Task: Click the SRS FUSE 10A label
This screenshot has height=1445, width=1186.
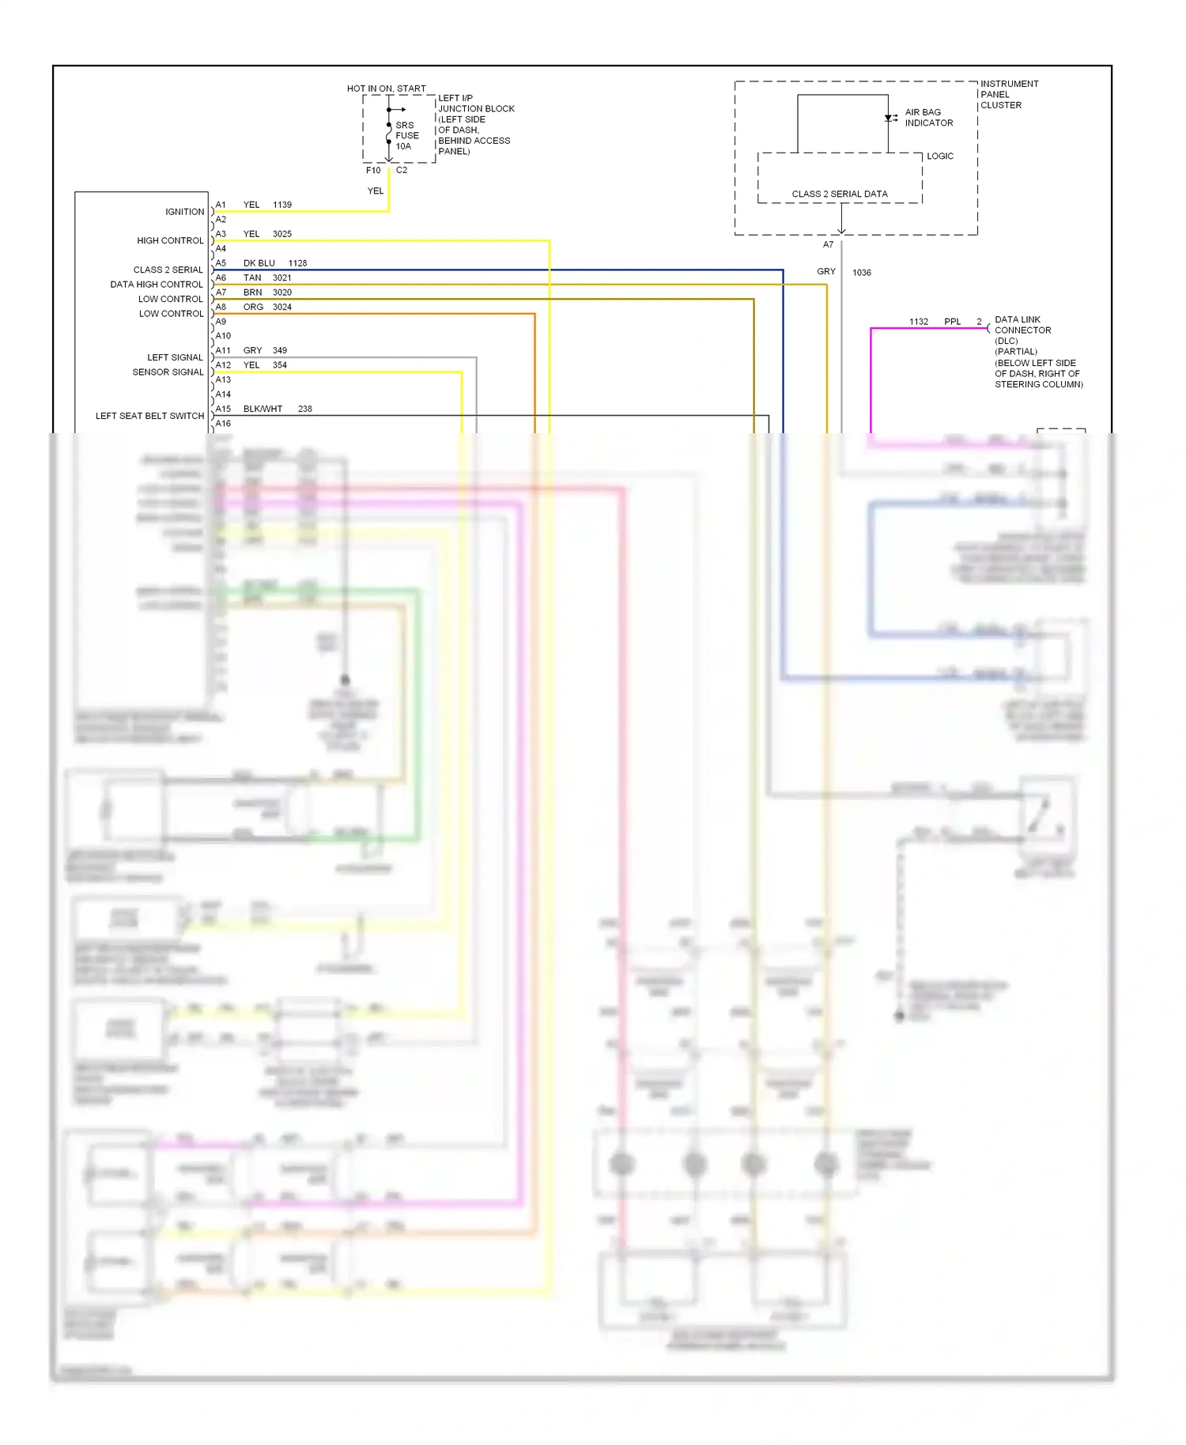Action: [x=406, y=136]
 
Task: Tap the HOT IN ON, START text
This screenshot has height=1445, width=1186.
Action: [x=386, y=89]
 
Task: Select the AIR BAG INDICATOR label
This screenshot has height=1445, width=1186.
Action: [x=928, y=118]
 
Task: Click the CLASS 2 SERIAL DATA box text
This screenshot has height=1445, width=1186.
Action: [x=839, y=194]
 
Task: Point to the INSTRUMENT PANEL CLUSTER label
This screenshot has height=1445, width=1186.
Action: [x=1008, y=94]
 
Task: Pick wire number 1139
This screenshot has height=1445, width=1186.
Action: [x=282, y=205]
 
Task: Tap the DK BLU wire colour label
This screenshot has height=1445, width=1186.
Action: [x=259, y=263]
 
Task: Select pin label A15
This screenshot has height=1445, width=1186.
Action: [x=223, y=409]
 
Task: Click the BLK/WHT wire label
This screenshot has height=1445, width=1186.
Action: [x=263, y=409]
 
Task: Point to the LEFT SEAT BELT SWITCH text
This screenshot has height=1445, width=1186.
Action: [x=149, y=416]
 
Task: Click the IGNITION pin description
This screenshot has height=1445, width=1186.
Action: [x=184, y=212]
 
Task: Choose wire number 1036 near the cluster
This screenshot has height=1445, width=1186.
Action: [x=861, y=273]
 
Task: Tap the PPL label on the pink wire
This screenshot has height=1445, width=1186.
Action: [x=952, y=322]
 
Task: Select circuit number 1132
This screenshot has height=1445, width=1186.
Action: [x=918, y=322]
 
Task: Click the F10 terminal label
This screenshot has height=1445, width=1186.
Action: [x=373, y=170]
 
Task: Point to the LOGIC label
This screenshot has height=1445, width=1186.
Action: [x=940, y=157]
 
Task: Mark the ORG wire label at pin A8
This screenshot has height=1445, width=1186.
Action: [x=253, y=307]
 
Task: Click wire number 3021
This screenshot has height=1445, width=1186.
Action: [x=282, y=277]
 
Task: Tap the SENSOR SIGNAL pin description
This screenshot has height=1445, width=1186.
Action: [x=168, y=372]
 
